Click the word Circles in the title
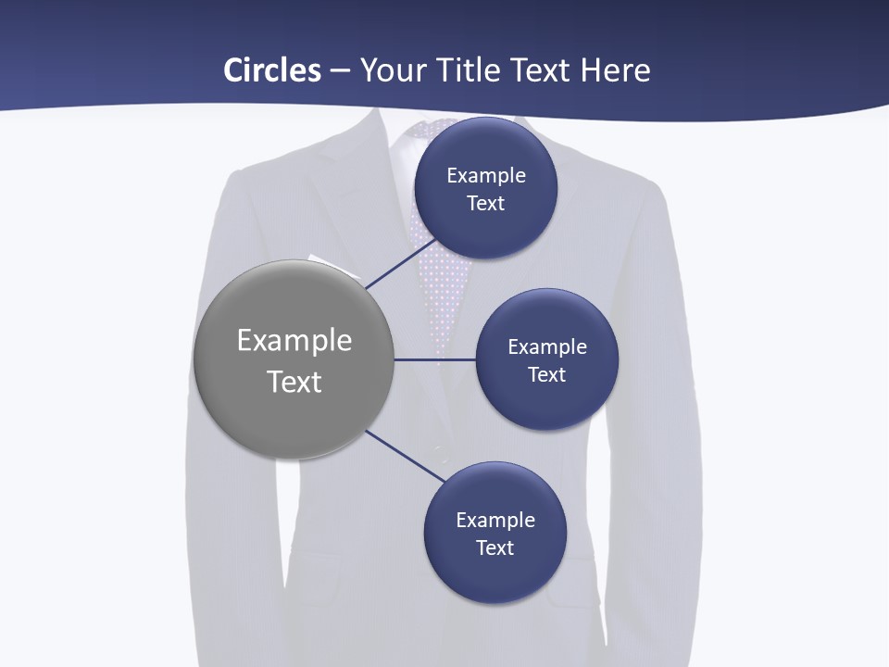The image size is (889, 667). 272,70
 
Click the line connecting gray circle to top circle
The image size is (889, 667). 400,264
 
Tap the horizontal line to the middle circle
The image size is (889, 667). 435,359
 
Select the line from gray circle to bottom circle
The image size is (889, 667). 406,456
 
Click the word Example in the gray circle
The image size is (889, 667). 294,340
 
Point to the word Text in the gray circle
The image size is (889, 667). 294,382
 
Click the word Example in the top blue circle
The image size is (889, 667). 486,175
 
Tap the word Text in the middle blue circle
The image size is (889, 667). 546,374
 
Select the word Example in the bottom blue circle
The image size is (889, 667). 495,520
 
